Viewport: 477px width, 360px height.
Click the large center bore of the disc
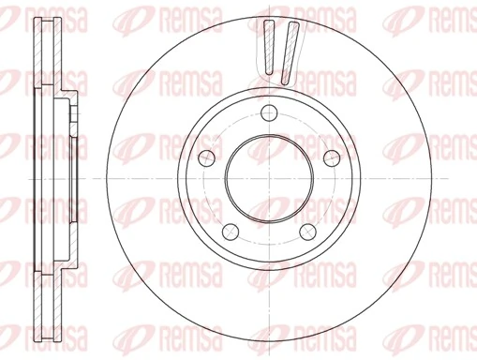coord(270,178)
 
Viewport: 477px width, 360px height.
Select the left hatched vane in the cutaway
coord(270,47)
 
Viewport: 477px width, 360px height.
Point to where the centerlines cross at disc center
coord(270,178)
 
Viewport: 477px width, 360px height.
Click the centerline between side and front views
coord(98,178)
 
